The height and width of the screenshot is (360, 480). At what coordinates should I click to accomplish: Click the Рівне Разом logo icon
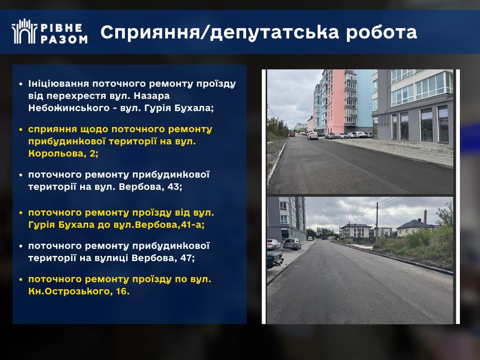(24, 31)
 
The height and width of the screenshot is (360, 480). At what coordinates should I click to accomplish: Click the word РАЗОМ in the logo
(64, 39)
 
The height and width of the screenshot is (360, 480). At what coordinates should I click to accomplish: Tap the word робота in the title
(382, 32)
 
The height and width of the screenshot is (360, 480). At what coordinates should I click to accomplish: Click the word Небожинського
(69, 108)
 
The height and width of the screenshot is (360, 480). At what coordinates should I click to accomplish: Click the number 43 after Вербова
(174, 187)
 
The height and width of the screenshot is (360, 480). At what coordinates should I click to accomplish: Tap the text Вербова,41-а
(170, 225)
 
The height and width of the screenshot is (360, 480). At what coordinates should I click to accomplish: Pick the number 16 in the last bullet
(122, 291)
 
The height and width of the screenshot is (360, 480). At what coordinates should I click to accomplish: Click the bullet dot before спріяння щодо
(21, 129)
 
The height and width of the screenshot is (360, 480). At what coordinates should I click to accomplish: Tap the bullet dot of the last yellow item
(21, 279)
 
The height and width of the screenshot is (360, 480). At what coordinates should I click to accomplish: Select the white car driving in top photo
(313, 135)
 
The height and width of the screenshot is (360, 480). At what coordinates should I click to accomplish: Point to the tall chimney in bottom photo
(425, 217)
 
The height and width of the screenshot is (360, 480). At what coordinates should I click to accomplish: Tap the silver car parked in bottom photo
(292, 244)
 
